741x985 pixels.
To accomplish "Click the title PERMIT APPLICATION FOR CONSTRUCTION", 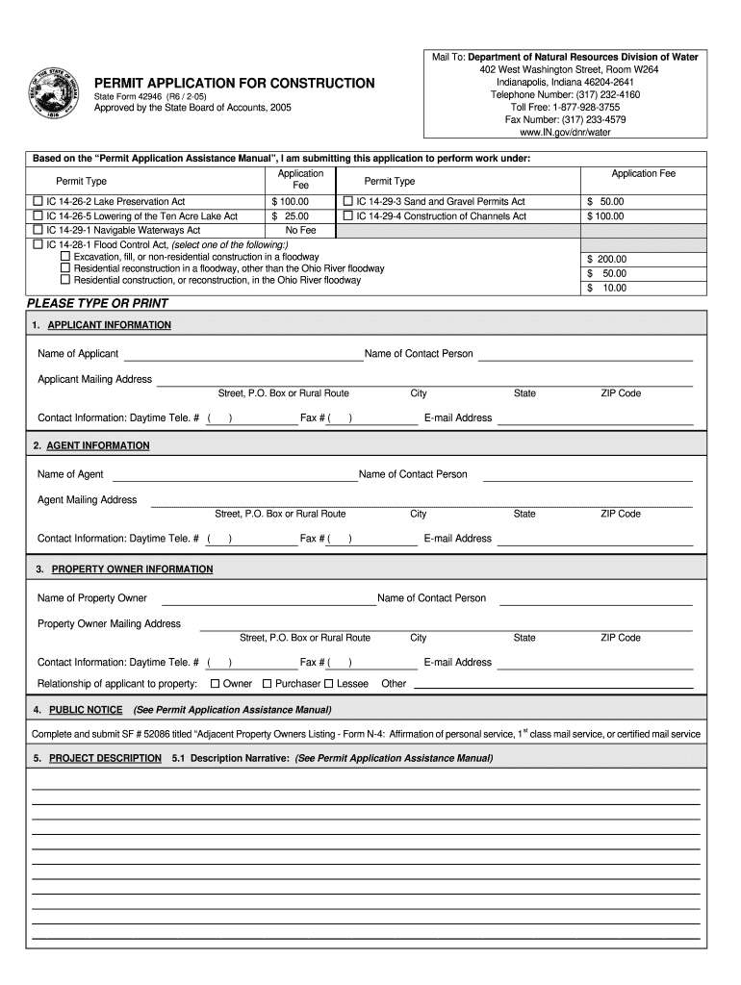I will click(234, 84).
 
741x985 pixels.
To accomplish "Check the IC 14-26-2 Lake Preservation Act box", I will click(38, 201).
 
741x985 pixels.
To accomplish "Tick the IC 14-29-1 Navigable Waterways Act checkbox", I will click(38, 230).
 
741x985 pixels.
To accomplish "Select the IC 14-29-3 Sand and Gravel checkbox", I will click(348, 201).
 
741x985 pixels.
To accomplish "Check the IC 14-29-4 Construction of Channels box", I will click(348, 215).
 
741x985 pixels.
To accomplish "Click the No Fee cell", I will click(300, 231).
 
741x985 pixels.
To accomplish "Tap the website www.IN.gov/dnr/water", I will click(565, 132).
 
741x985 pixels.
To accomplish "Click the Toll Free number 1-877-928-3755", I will click(565, 108).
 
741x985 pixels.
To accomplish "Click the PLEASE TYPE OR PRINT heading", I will click(97, 304).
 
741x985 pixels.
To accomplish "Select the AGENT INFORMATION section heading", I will click(97, 446).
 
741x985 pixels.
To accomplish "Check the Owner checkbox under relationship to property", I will click(215, 684).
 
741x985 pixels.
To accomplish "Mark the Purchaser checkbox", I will click(267, 684).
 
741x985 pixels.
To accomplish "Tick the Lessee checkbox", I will click(328, 684).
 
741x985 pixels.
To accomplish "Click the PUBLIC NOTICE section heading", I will click(86, 710).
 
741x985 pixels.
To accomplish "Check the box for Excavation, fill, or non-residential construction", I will click(65, 257).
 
